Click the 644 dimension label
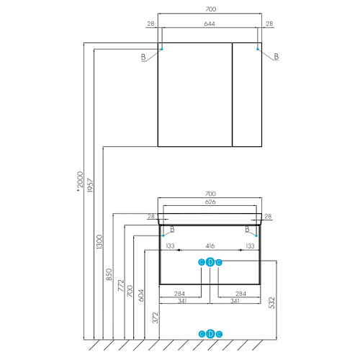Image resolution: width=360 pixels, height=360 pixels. [x=210, y=24]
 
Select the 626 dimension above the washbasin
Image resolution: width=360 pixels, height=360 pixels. [x=210, y=202]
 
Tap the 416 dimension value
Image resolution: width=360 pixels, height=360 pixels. [x=210, y=246]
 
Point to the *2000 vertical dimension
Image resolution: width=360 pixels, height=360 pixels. [x=80, y=181]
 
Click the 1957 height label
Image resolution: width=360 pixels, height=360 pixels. [x=90, y=185]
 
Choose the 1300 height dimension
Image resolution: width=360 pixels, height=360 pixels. [x=99, y=242]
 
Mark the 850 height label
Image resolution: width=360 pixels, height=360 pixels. [x=109, y=274]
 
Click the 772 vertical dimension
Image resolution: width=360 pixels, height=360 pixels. [x=121, y=285]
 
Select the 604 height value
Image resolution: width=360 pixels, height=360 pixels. [x=141, y=295]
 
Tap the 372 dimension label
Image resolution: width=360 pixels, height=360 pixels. [x=156, y=318]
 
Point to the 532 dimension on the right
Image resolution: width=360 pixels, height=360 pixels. [x=271, y=302]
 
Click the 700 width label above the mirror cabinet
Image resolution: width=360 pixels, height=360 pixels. [x=211, y=9]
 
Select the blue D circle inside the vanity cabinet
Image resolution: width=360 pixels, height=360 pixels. [x=210, y=262]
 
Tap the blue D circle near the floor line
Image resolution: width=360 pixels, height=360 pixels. [x=210, y=334]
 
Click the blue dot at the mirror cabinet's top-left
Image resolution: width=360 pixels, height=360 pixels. [x=162, y=49]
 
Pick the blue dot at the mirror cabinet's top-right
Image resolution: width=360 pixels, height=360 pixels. [x=258, y=49]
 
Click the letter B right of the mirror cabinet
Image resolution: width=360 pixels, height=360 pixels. [x=276, y=57]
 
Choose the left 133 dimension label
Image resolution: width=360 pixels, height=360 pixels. [x=170, y=246]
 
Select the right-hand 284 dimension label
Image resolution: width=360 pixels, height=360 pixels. [x=240, y=294]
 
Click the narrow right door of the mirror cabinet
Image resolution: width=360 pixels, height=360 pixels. [x=247, y=94]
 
